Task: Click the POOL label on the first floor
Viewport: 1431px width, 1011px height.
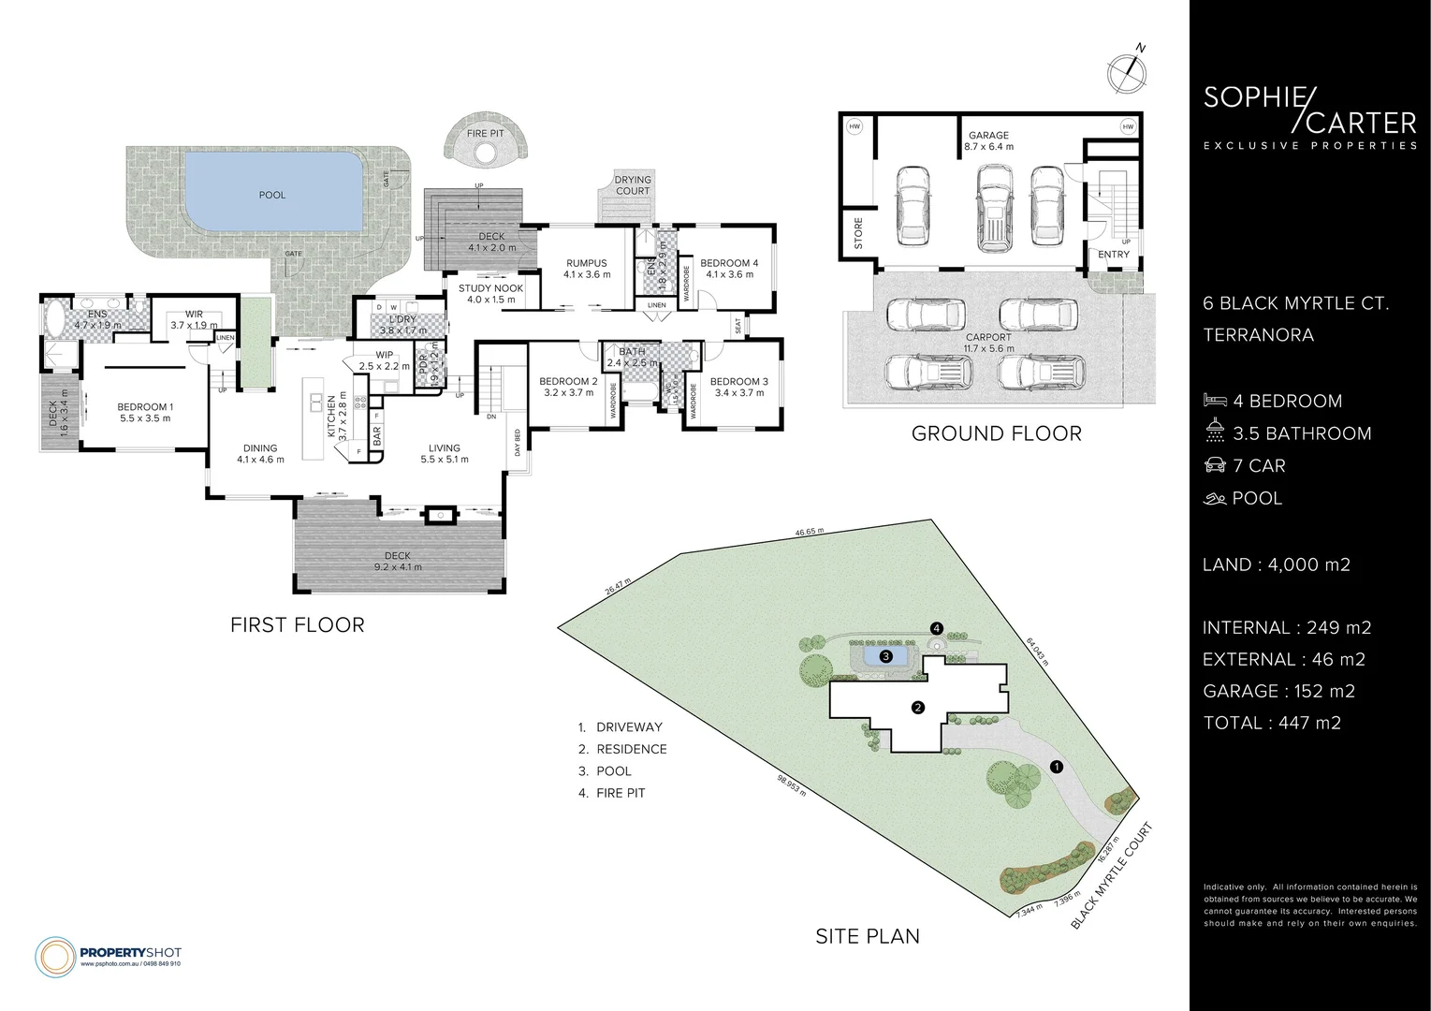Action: [x=272, y=195]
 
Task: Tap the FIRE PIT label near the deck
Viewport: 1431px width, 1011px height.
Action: [x=485, y=134]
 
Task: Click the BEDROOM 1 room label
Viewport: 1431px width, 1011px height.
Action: [x=145, y=407]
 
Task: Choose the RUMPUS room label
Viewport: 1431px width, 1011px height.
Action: [x=587, y=263]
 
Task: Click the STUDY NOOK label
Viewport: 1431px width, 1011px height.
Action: [x=491, y=287]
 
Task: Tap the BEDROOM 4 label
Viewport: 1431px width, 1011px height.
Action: [x=729, y=263]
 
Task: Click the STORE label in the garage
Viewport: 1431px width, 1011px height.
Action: [x=858, y=234]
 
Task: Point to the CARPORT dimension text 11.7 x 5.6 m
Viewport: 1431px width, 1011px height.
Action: [x=988, y=348]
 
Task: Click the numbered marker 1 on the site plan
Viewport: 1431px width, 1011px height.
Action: [x=1057, y=766]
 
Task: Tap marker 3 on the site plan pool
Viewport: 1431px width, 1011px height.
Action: [x=885, y=657]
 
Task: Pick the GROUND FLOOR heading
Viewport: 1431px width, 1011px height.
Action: [x=996, y=433]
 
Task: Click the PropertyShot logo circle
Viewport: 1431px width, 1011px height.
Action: [x=54, y=955]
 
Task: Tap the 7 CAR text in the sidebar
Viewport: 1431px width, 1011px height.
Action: [x=1259, y=465]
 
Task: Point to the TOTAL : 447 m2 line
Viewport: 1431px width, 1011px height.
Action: [x=1271, y=723]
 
